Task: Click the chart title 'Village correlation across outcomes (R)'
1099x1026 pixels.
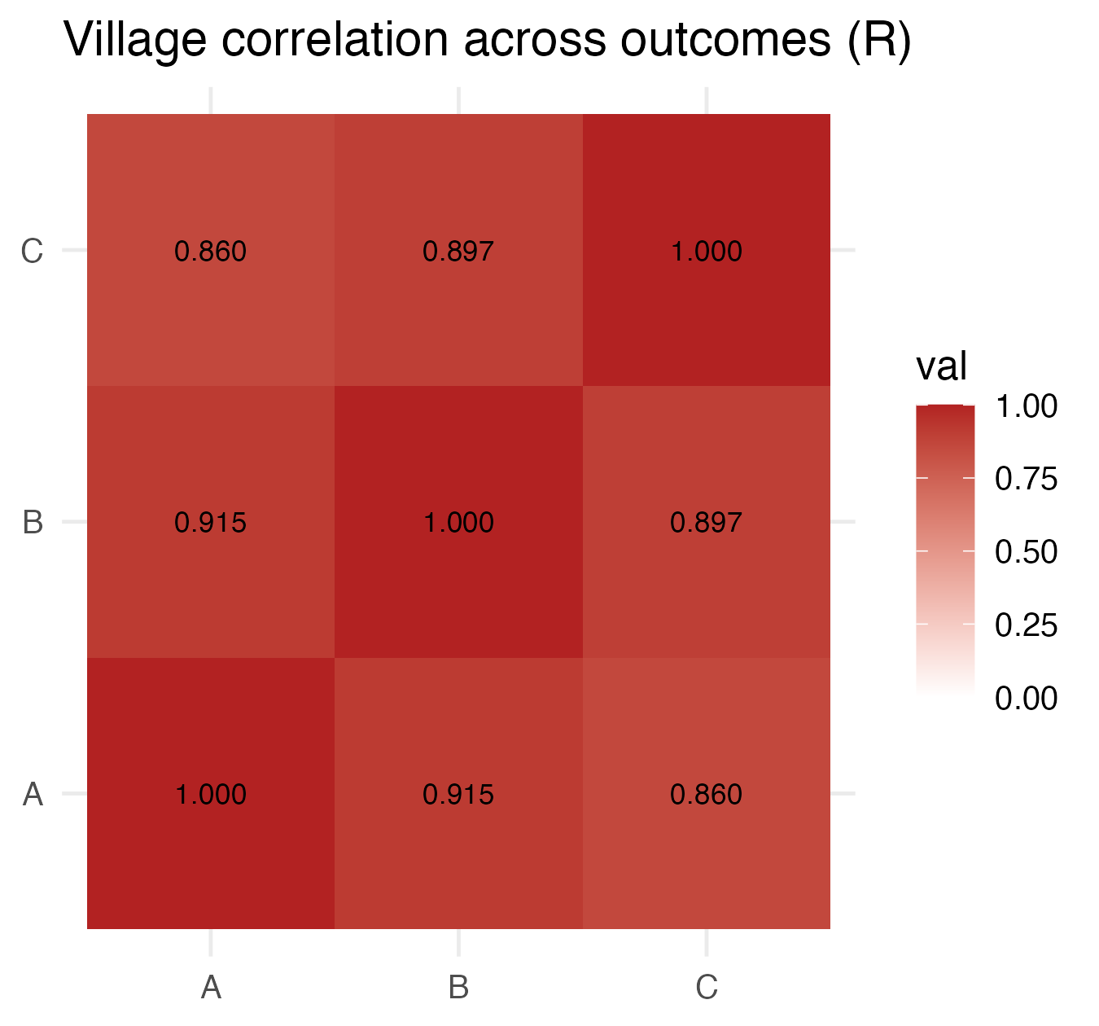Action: tap(487, 39)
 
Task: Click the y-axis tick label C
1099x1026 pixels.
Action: tap(32, 251)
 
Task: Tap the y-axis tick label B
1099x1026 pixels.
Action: tap(32, 522)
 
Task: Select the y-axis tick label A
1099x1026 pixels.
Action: tap(32, 794)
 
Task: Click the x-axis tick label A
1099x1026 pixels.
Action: tap(211, 988)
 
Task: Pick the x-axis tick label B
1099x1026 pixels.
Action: tap(458, 988)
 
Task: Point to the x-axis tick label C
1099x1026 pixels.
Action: tap(706, 988)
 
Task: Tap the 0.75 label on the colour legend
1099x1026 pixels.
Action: tap(1026, 479)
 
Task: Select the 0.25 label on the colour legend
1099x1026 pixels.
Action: tap(1026, 625)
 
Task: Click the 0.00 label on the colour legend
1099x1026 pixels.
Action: tap(1026, 698)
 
